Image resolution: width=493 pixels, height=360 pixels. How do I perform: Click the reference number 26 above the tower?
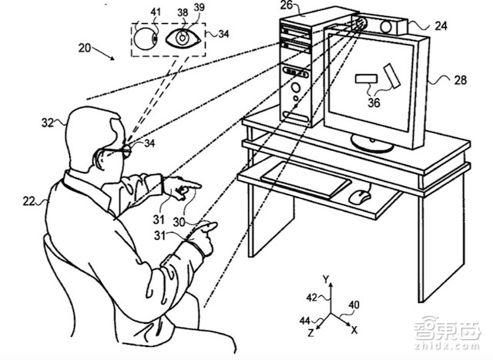tap(287, 7)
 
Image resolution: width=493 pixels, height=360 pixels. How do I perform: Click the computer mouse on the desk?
tap(358, 197)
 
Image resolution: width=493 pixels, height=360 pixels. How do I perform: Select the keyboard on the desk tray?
tap(305, 179)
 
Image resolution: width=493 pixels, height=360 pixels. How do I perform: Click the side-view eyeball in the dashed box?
tap(146, 37)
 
